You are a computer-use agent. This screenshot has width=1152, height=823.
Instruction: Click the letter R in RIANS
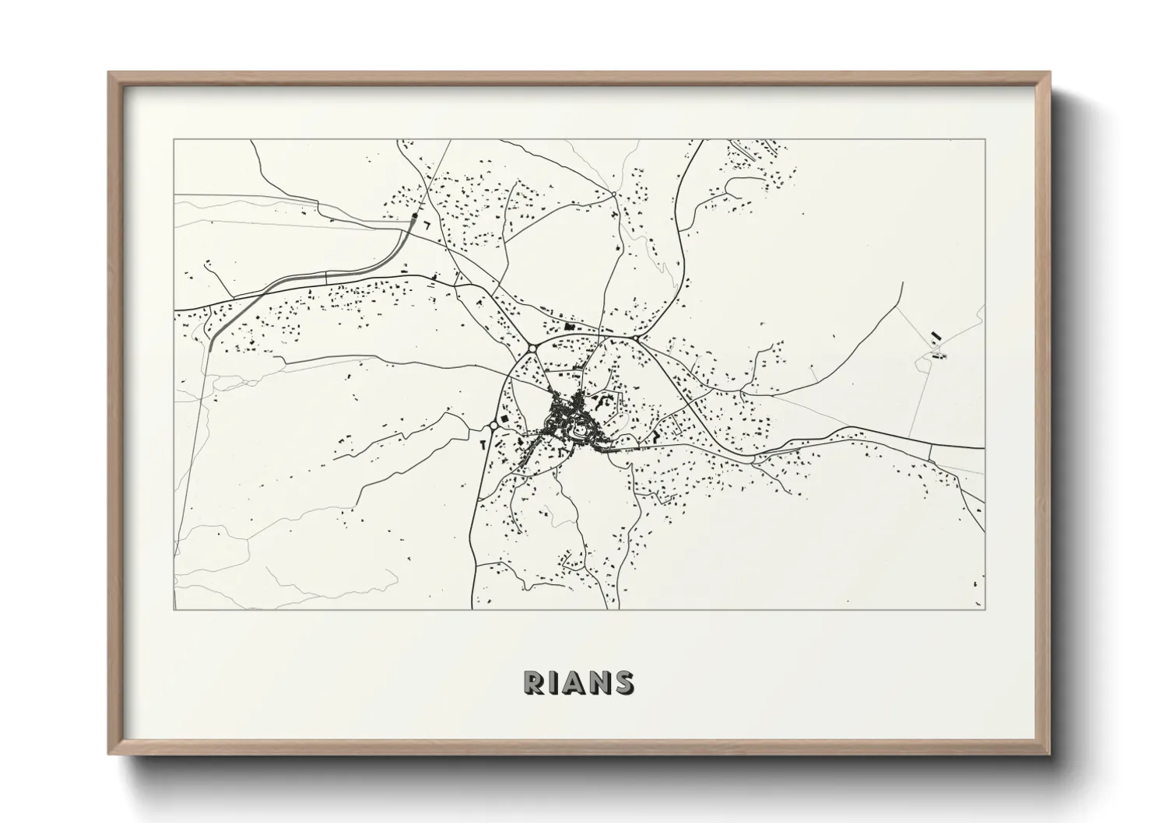tap(535, 682)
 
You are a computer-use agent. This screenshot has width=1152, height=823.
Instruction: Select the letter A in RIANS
tap(575, 682)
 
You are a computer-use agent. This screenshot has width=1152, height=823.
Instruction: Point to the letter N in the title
tap(599, 682)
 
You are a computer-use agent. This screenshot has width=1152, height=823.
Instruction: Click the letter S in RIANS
tap(623, 682)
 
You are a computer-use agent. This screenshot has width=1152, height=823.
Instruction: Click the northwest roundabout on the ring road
tap(532, 348)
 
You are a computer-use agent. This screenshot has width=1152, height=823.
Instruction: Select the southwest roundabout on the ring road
tap(494, 425)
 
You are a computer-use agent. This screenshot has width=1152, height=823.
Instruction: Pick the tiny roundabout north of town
tap(613, 194)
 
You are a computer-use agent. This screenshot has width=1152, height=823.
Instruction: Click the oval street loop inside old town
tap(579, 429)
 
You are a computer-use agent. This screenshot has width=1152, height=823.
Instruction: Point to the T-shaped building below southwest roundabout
tap(483, 443)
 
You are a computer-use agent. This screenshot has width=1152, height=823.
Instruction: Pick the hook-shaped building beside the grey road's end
tap(426, 223)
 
